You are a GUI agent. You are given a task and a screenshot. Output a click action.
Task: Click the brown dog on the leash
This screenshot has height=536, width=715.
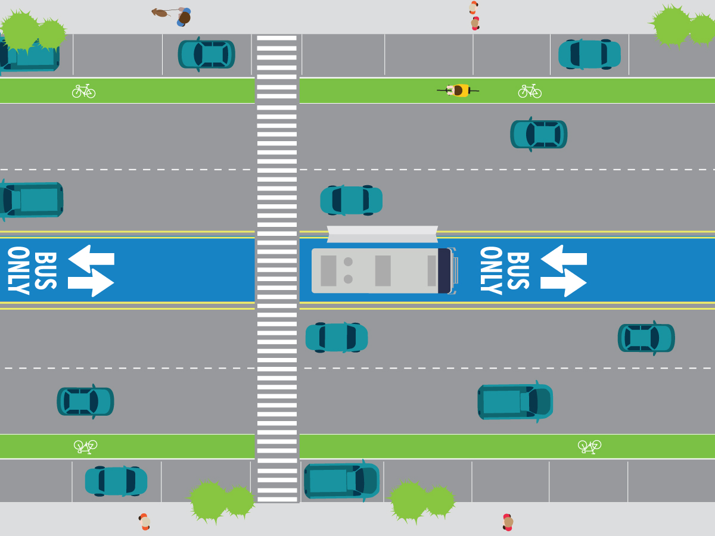coord(160,13)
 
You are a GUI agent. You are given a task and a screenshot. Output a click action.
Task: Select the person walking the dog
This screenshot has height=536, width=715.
coord(184,17)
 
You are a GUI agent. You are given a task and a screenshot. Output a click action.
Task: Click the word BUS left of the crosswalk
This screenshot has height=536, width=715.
coord(45,270)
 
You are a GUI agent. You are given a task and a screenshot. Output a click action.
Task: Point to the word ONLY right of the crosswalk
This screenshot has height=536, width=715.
coord(490,270)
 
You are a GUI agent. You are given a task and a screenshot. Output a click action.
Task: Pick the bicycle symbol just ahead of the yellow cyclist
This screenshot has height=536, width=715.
coord(529,91)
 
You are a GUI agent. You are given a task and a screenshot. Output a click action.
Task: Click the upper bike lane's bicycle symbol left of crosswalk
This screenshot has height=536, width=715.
coord(83,91)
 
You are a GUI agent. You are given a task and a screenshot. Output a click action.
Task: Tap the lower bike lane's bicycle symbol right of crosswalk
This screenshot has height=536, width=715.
coord(589,446)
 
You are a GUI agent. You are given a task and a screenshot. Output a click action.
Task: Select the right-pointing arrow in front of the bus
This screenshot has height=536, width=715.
coord(564,283)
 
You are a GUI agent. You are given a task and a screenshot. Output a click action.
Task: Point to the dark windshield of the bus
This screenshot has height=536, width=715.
coord(444,270)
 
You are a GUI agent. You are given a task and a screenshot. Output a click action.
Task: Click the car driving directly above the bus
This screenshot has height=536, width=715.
coord(351,200)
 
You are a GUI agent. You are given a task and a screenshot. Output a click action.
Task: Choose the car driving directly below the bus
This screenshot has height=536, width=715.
coord(336,338)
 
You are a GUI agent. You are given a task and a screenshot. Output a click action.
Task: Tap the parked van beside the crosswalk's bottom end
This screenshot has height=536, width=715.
coord(341,480)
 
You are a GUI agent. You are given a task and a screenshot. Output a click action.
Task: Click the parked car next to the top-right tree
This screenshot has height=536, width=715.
coord(589,54)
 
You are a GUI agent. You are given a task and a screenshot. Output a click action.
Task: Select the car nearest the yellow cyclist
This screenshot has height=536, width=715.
coord(539,134)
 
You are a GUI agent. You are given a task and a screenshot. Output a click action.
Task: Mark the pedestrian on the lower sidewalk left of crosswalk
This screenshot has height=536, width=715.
coord(144,522)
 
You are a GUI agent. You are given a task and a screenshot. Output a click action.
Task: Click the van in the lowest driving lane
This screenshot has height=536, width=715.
coord(515,401)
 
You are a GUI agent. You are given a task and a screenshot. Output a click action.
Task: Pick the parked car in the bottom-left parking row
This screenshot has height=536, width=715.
coord(116,481)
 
